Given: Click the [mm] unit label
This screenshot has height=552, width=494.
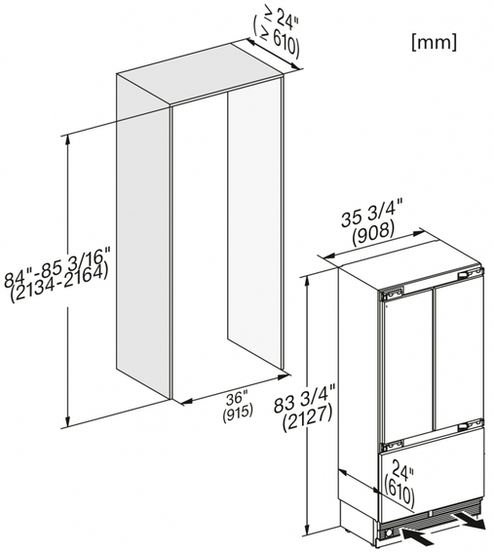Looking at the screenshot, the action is coord(435,43).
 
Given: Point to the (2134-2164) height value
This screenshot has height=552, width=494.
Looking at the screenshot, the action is coord(58,283).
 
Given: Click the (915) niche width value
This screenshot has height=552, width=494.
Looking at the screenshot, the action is coord(238,412).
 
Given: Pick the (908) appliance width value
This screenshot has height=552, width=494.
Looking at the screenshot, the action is coord(373,233).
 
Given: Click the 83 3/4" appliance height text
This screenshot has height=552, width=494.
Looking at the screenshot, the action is coord(305,397).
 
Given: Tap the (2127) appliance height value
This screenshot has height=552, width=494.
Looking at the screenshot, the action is coord(307,418).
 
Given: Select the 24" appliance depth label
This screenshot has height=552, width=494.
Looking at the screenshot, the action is coord(402,471).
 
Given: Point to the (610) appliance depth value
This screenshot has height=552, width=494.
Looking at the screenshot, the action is coord(399,490).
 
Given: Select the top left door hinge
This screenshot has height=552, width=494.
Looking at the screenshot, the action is coord(391,293).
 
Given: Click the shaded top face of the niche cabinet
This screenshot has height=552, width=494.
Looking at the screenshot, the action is coord(200,74).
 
